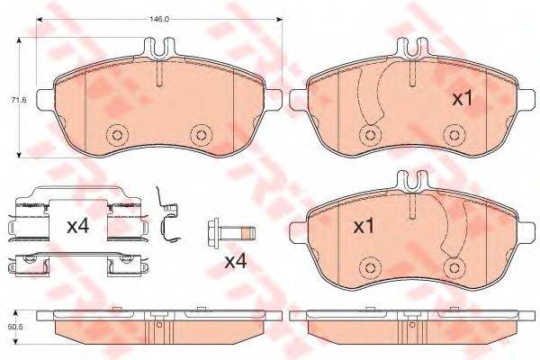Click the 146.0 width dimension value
(x=158, y=19)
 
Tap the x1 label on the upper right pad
(x=463, y=99)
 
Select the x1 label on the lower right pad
(x=364, y=227)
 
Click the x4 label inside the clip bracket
(x=78, y=226)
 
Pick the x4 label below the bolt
(x=236, y=262)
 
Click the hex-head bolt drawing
(x=231, y=233)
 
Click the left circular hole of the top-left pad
(x=117, y=135)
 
